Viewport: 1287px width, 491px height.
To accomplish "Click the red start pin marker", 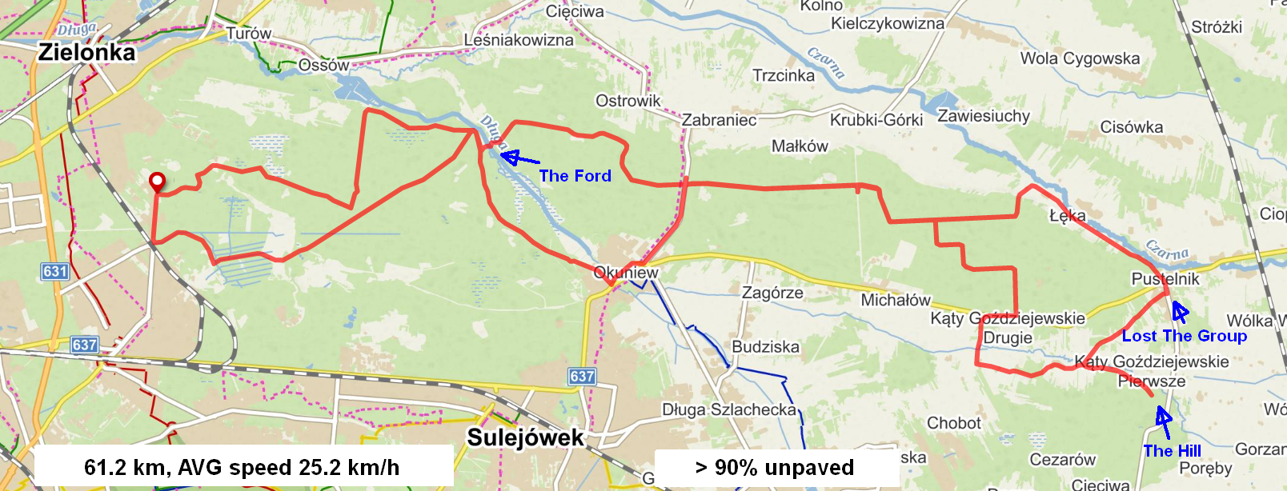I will [x=158, y=182].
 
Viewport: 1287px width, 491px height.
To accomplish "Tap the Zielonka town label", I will [x=87, y=53].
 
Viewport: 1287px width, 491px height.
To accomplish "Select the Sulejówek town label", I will [x=525, y=437].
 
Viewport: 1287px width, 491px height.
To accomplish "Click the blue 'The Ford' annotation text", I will [x=575, y=176].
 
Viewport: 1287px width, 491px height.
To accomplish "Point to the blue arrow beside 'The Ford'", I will [x=518, y=158].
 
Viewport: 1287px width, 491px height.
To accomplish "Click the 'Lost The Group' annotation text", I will [x=1184, y=336].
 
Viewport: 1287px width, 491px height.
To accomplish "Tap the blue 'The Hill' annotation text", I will [x=1172, y=451].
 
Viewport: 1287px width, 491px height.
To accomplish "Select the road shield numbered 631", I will [x=54, y=271].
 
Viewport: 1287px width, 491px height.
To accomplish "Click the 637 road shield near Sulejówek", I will [x=582, y=376].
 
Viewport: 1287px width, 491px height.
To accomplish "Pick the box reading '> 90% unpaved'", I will [x=776, y=468].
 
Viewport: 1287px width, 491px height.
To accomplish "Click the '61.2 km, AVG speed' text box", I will [x=242, y=468].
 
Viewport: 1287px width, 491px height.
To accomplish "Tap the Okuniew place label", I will [x=626, y=273].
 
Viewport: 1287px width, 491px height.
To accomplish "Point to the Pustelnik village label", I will [x=1165, y=279].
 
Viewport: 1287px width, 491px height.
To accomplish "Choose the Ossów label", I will [x=323, y=65].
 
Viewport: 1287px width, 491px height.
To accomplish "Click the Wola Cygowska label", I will [x=1079, y=58].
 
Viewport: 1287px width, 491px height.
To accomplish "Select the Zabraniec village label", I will [x=719, y=120].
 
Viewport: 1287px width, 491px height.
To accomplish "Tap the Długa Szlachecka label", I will [x=729, y=409].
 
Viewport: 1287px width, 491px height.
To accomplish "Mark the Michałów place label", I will [x=895, y=300].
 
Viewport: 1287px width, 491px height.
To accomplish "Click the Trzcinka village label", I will [x=783, y=75].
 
